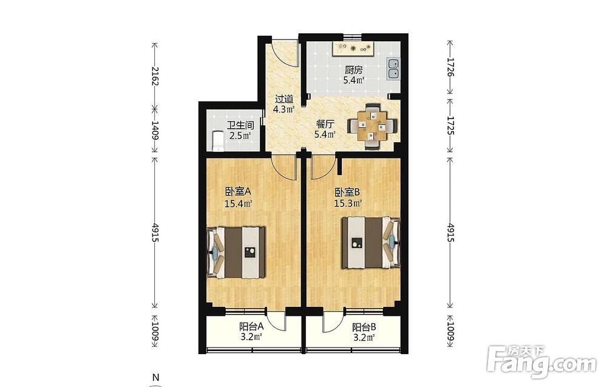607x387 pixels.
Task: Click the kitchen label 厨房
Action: pyautogui.click(x=353, y=70)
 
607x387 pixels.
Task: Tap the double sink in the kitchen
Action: pyautogui.click(x=393, y=69)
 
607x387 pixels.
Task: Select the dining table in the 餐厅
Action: pyautogui.click(x=373, y=125)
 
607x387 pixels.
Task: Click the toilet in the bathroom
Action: pyautogui.click(x=217, y=141)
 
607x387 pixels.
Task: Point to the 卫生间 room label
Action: pyautogui.click(x=240, y=125)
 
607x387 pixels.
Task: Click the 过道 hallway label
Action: pyautogui.click(x=283, y=99)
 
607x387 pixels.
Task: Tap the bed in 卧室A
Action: pyautogui.click(x=236, y=253)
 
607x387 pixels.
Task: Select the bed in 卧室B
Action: pyautogui.click(x=370, y=243)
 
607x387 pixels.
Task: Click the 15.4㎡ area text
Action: pyautogui.click(x=239, y=203)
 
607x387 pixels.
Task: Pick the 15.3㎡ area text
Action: pyautogui.click(x=348, y=203)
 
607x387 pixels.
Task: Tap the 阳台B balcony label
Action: pyautogui.click(x=364, y=327)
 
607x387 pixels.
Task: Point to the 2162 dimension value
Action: pyautogui.click(x=155, y=76)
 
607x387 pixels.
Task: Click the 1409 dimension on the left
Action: pyautogui.click(x=155, y=130)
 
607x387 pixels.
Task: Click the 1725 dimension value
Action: pyautogui.click(x=450, y=125)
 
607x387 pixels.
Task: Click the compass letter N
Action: pyautogui.click(x=155, y=377)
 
